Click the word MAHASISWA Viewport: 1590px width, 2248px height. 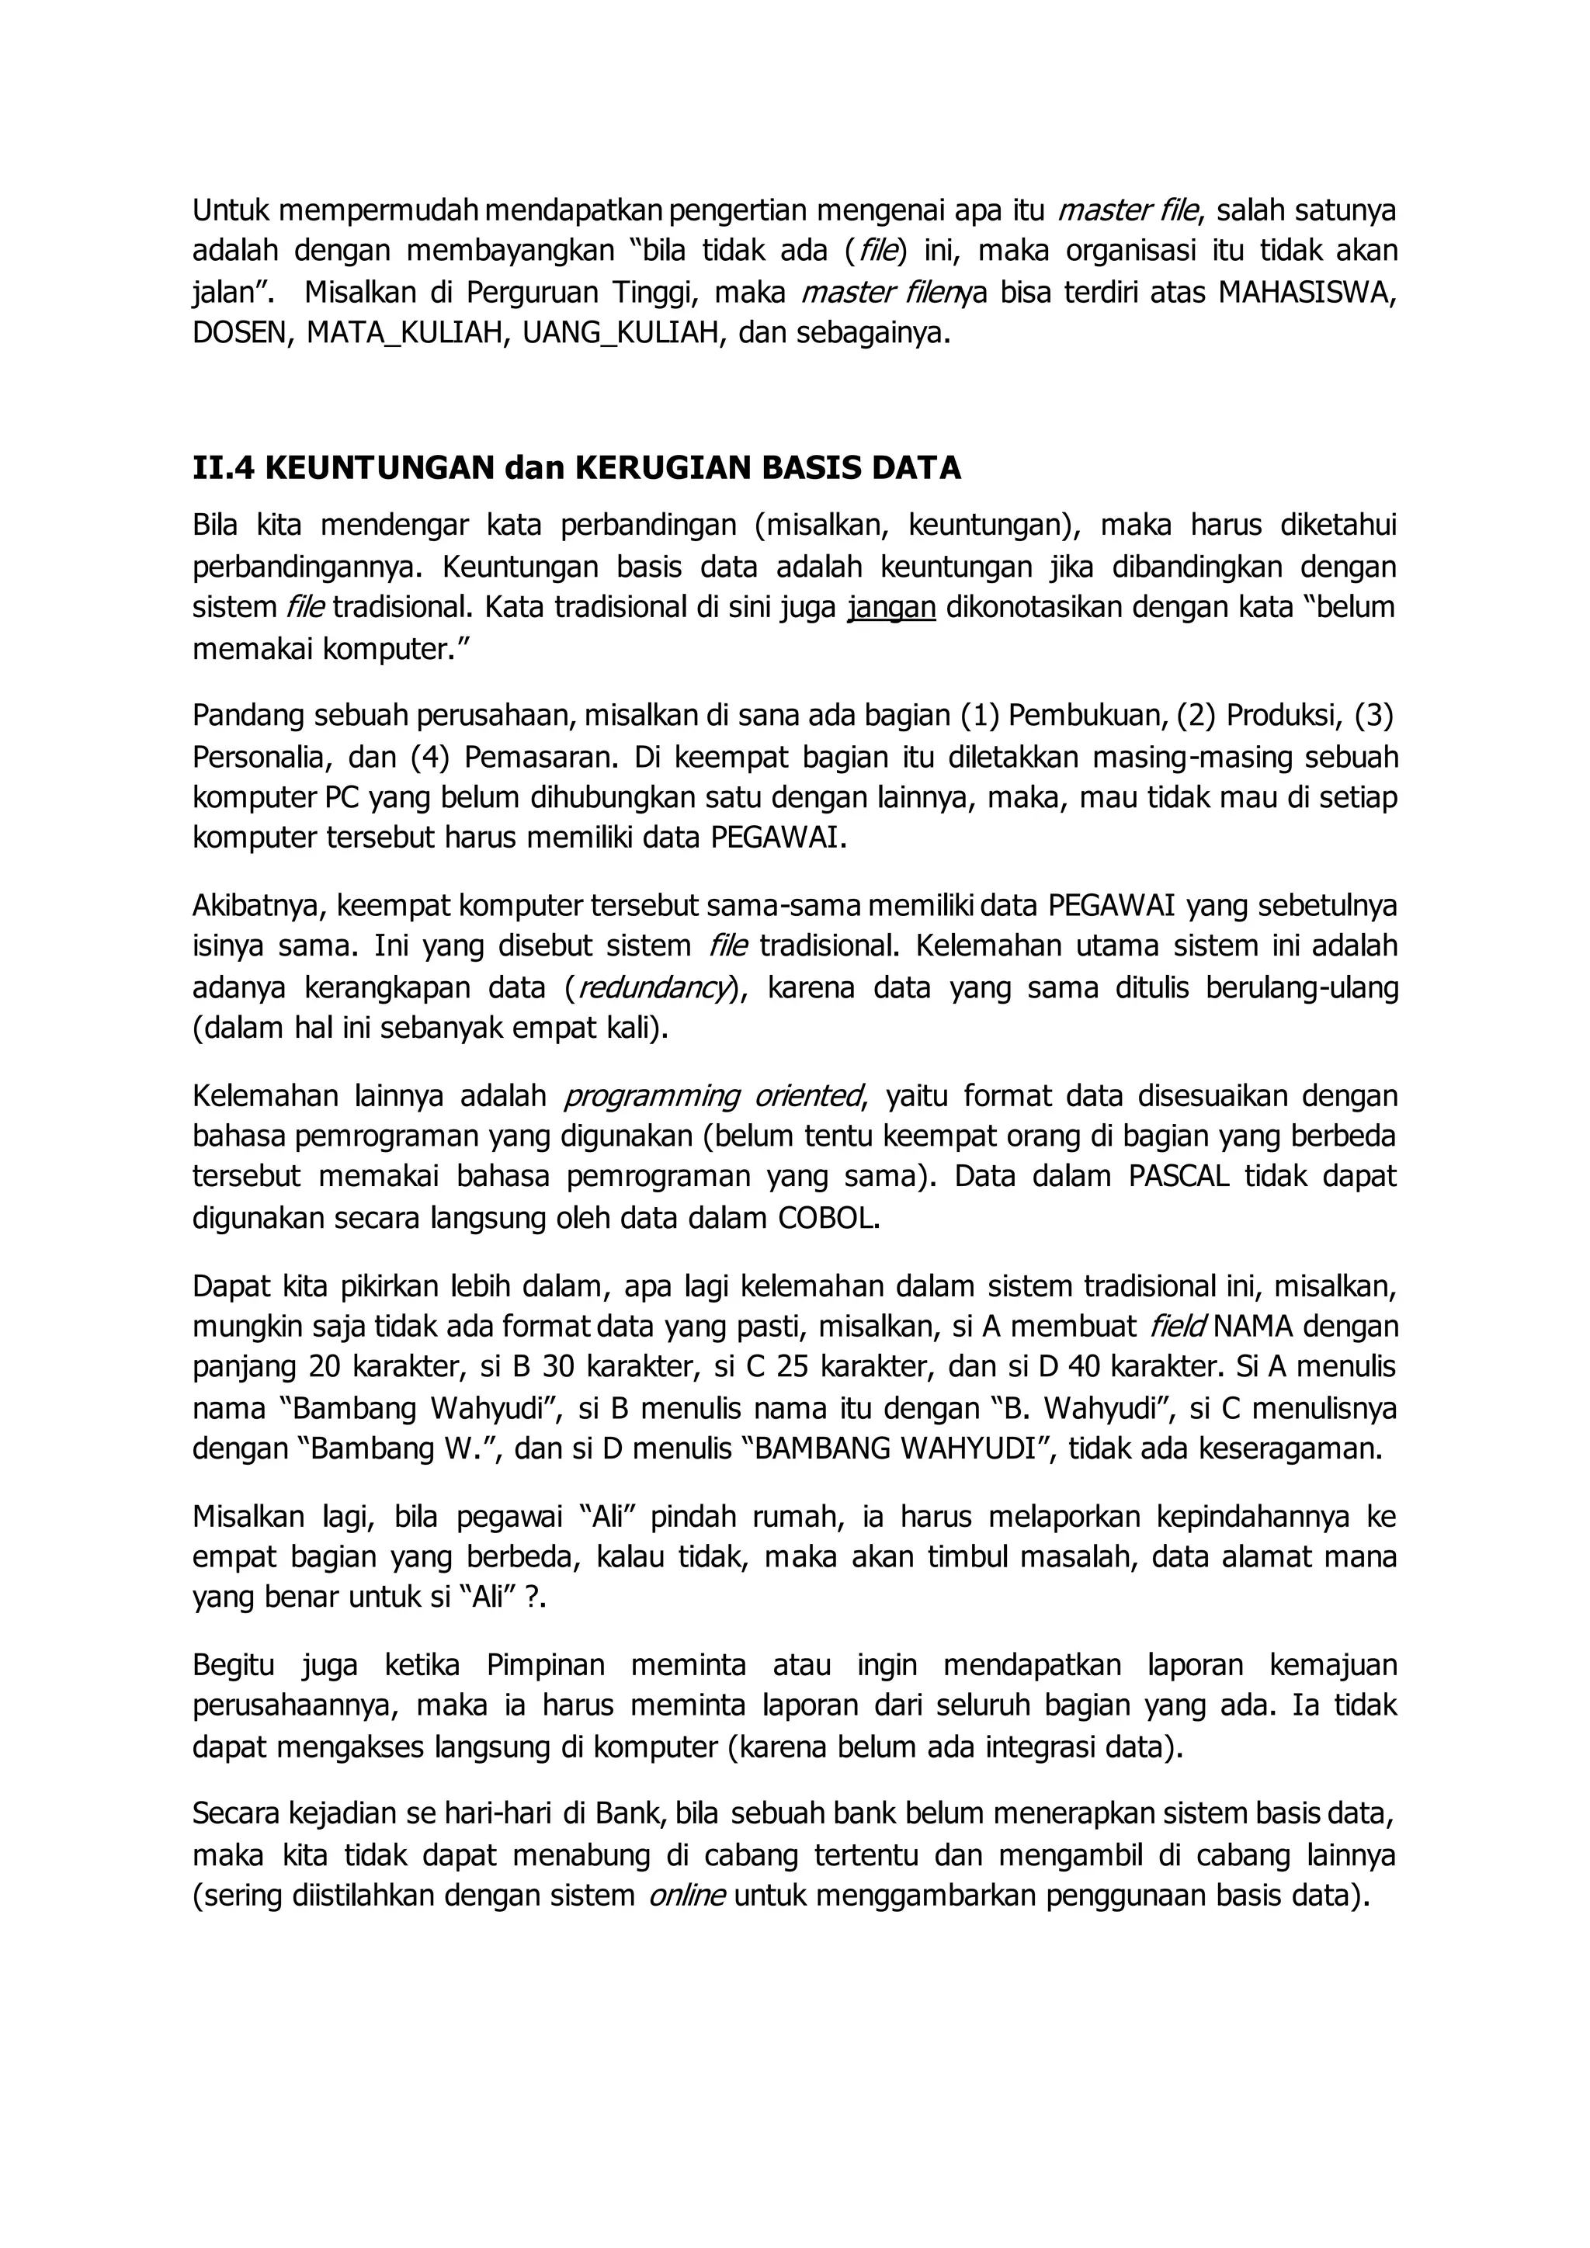[x=1307, y=293]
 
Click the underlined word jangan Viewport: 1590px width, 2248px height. [x=891, y=608]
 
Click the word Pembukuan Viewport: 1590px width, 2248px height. [x=1083, y=716]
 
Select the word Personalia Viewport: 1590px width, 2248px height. [x=255, y=757]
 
